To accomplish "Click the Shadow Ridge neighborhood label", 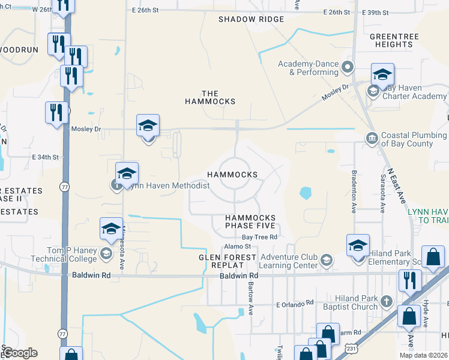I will coord(251,19).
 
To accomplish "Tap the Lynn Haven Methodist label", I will coord(167,186).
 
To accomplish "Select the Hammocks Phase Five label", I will coord(250,221).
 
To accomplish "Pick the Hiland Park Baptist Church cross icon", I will coord(387,302).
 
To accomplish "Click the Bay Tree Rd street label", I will coord(259,237).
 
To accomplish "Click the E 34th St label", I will coord(46,157).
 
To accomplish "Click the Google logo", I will coord(20,353).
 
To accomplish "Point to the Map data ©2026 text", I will coord(424,355).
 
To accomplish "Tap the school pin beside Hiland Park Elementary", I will coord(358,246).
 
